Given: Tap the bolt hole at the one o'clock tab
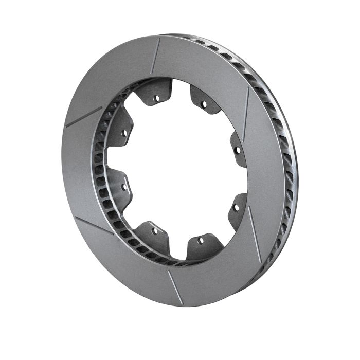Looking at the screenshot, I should point(204,104).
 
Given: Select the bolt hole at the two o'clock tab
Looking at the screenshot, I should point(237,151).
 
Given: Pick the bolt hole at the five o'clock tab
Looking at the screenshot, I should point(201,240).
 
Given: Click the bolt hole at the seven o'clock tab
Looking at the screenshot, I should point(155,231).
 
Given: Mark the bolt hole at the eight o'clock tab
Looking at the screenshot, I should point(123,187).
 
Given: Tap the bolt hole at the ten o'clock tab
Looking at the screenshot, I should point(124,133).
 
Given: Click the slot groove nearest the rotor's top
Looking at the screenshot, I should point(155,55).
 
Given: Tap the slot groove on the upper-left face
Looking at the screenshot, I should point(84,117).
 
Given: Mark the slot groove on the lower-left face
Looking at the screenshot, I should point(94,225).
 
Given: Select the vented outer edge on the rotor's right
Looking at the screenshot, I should point(288,170).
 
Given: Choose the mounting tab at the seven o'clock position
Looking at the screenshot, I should point(153,234).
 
